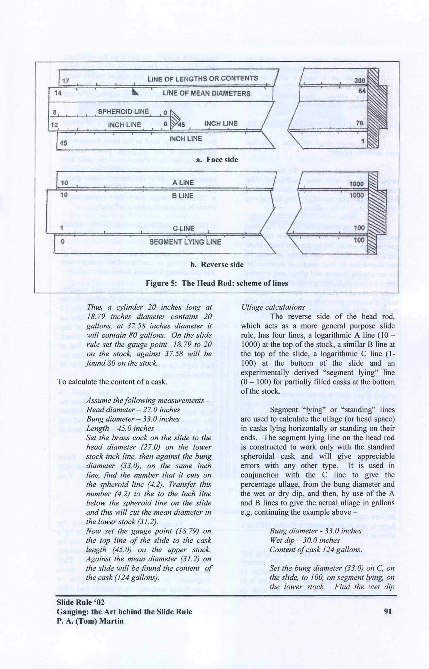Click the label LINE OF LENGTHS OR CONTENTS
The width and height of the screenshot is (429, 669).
click(x=203, y=79)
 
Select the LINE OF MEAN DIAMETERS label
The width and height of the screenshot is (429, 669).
click(x=207, y=94)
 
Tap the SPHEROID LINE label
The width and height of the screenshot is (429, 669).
click(x=123, y=112)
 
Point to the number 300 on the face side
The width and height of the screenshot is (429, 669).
click(x=360, y=81)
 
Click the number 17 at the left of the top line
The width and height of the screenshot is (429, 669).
click(x=66, y=81)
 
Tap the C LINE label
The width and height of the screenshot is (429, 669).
click(x=183, y=228)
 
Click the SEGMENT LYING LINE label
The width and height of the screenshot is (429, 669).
click(x=185, y=242)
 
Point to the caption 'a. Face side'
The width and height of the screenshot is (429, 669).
click(x=217, y=160)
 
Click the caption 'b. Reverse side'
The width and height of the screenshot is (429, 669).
click(x=217, y=265)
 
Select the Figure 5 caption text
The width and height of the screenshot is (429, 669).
click(x=217, y=283)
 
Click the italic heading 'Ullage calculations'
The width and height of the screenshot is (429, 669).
click(x=273, y=307)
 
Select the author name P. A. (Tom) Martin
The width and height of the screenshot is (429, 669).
click(x=90, y=621)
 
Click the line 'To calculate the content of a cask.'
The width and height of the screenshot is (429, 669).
click(x=112, y=382)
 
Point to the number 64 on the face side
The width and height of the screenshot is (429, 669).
click(x=362, y=91)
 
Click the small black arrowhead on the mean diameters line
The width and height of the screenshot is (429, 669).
click(x=135, y=93)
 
